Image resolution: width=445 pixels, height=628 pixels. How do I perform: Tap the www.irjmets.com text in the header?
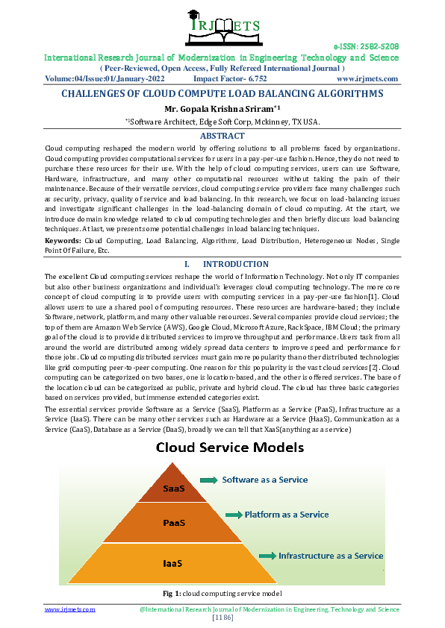(367, 78)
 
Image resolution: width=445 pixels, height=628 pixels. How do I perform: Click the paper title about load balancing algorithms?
(222, 94)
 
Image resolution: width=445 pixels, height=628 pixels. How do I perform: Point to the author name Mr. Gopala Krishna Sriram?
(222, 109)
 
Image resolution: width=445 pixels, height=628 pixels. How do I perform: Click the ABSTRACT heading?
(222, 136)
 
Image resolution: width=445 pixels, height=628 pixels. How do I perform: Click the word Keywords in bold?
(63, 241)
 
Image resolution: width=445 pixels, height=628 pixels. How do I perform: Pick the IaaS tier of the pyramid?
(173, 562)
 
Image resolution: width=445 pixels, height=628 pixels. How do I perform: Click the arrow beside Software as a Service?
(209, 480)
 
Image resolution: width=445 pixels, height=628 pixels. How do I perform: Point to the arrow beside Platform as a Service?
(233, 515)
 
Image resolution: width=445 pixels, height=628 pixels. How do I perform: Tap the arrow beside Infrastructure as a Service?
(267, 556)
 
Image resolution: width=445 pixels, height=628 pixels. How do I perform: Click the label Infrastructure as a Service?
(331, 556)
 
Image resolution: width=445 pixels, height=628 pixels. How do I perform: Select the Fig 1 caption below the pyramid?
(222, 593)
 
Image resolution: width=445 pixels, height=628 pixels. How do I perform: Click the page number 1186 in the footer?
(222, 617)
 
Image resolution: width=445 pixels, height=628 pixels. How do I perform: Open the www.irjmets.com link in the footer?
(70, 609)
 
